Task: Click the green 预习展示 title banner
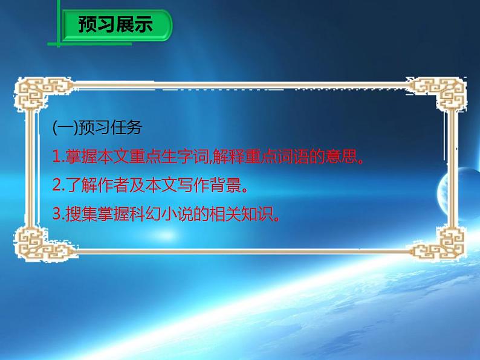pyautogui.click(x=115, y=25)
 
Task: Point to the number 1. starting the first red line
pyautogui.click(x=57, y=158)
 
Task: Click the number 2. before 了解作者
pyautogui.click(x=57, y=187)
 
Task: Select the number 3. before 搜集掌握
pyautogui.click(x=57, y=216)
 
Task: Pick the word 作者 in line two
pyautogui.click(x=112, y=187)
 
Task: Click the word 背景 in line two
pyautogui.click(x=227, y=187)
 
